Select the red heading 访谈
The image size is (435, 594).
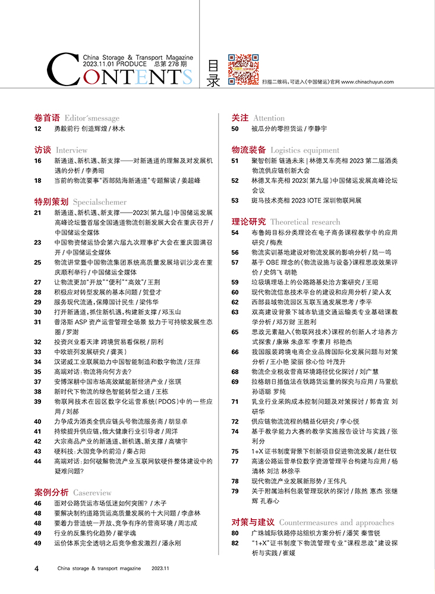(x=43, y=150)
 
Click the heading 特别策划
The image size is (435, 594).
(x=51, y=201)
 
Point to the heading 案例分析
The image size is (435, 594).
(x=51, y=492)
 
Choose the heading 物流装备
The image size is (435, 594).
(x=248, y=150)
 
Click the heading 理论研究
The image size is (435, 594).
(x=248, y=222)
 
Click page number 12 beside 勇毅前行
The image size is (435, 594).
(x=37, y=129)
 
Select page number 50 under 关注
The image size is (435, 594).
(x=235, y=129)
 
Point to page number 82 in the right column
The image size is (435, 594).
(x=235, y=544)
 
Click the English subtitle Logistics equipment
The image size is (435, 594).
(x=305, y=151)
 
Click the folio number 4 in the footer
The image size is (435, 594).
(x=37, y=568)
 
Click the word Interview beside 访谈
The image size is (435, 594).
(x=72, y=151)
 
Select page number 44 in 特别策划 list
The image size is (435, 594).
(x=37, y=461)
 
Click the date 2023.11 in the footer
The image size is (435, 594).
(x=160, y=568)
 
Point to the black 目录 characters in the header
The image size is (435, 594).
(x=213, y=73)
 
